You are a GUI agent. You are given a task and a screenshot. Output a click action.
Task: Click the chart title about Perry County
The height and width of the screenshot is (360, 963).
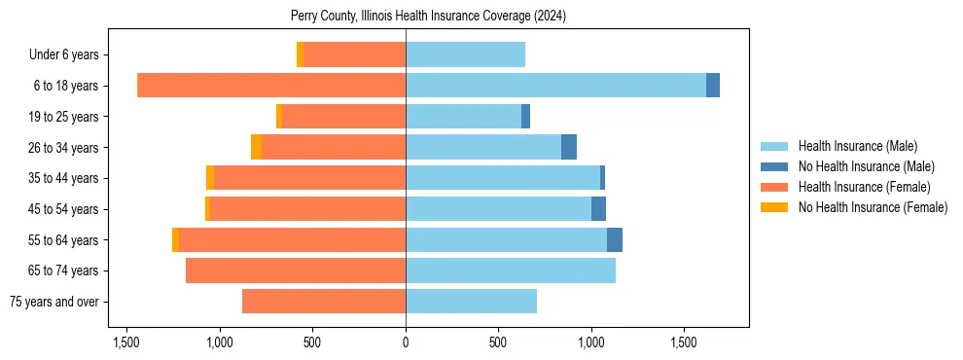coord(428,17)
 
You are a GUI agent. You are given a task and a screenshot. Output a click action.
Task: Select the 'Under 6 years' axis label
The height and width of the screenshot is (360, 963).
coord(63,54)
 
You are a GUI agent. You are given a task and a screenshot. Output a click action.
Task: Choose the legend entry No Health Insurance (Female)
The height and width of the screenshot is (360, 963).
coord(873,207)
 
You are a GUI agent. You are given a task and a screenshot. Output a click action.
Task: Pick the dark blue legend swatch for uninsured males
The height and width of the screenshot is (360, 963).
coord(774,166)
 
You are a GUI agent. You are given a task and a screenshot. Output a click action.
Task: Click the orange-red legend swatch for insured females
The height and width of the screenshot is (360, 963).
coord(774,187)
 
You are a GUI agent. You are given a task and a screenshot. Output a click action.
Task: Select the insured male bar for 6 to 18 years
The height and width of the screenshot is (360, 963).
coord(555,86)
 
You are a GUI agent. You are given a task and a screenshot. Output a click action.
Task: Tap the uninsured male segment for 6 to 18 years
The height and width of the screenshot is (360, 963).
coord(713,86)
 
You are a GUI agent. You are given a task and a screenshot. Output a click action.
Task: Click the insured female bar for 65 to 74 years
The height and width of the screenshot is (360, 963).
coord(296,270)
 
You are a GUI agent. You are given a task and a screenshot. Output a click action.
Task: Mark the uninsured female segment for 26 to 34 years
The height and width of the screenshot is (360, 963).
coord(256,147)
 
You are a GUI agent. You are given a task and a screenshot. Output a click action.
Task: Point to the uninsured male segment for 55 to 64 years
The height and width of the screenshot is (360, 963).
coord(615,239)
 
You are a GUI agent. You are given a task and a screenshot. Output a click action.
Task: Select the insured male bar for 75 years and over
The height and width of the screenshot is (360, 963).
coord(471,302)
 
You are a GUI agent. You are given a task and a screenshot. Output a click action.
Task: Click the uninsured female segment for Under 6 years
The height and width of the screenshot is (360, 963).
coord(300,54)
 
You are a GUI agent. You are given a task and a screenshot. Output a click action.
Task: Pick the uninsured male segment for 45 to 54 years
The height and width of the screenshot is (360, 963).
coord(598,209)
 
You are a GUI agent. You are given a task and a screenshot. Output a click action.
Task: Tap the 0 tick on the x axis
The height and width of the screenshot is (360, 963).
coord(406,343)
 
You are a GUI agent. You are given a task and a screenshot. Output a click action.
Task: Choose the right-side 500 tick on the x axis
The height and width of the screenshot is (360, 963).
coord(498,343)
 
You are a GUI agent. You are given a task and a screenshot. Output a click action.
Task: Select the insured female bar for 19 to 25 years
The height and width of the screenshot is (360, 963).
coord(343,117)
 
